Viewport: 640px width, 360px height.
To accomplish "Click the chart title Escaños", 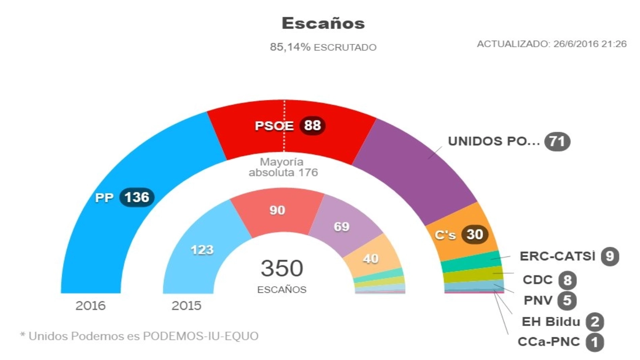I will (323, 23).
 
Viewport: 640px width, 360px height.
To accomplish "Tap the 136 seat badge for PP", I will (137, 197).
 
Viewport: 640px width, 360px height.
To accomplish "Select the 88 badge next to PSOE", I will (312, 125).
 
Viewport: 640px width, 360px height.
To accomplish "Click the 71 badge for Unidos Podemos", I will (557, 141).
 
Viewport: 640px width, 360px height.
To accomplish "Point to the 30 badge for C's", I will (475, 234).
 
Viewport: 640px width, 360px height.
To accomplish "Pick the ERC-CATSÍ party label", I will (557, 256).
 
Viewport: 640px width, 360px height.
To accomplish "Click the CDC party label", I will (537, 280).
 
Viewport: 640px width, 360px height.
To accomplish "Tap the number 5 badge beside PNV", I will (567, 300).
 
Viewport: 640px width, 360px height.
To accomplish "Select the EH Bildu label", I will (551, 322).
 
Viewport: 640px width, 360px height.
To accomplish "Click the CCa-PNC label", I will (548, 342).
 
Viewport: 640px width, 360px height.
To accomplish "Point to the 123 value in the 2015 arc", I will (202, 250).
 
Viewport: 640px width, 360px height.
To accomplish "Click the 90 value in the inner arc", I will (277, 210).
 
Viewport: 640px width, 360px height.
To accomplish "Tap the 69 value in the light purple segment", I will (342, 226).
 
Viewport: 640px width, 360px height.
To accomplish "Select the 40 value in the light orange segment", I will (370, 258).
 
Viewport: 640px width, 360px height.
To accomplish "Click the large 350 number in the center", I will (282, 268).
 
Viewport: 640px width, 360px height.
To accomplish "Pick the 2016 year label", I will (90, 306).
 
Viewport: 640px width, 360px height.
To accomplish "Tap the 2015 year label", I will (186, 306).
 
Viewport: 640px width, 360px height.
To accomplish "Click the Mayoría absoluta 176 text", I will (283, 167).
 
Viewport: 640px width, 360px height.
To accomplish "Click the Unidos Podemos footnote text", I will (139, 336).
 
